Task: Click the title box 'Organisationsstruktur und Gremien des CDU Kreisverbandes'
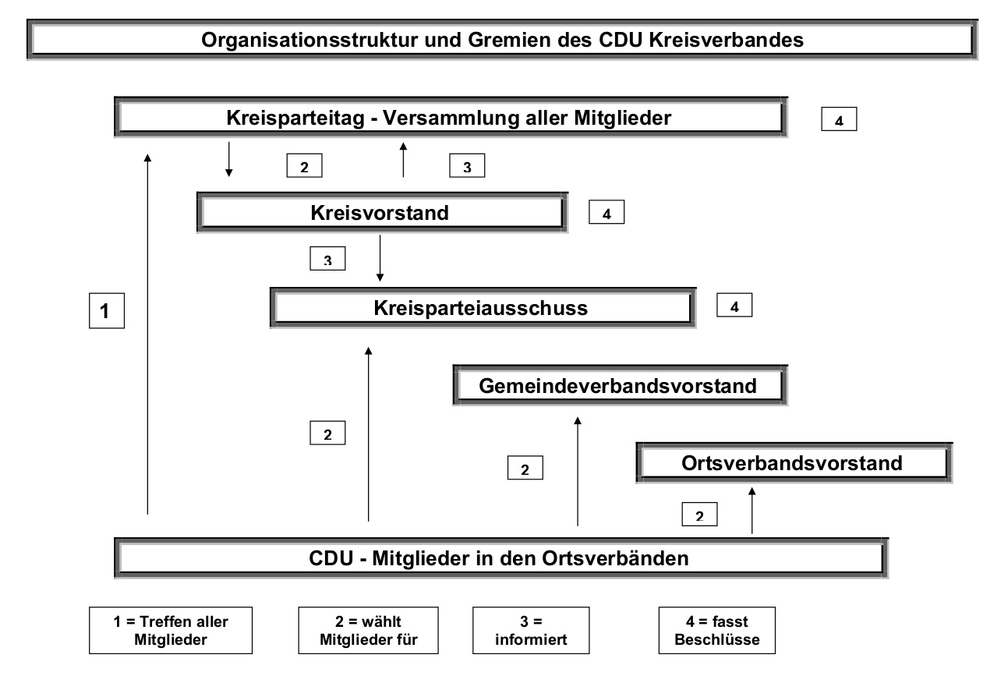pos(502,40)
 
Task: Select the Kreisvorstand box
pos(382,212)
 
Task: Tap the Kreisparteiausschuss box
pos(483,308)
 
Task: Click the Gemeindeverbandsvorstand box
pos(620,385)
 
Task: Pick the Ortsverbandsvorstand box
pos(794,462)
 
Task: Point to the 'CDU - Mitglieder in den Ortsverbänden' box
pos(501,558)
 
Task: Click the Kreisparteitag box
pos(451,117)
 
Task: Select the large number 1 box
pos(107,311)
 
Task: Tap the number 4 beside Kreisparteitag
pos(840,119)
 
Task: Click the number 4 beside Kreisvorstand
pos(607,212)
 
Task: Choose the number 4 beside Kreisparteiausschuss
pos(734,305)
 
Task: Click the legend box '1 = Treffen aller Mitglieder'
pos(171,630)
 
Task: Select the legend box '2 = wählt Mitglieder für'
pos(368,630)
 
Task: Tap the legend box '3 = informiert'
pos(531,630)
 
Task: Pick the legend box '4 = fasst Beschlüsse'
pos(717,630)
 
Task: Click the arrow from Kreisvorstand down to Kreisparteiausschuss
pos(380,258)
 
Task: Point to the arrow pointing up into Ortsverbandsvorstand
pos(752,511)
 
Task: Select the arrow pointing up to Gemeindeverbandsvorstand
pos(578,471)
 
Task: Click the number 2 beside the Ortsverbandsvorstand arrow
pos(700,515)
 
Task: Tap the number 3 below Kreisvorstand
pos(327,258)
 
